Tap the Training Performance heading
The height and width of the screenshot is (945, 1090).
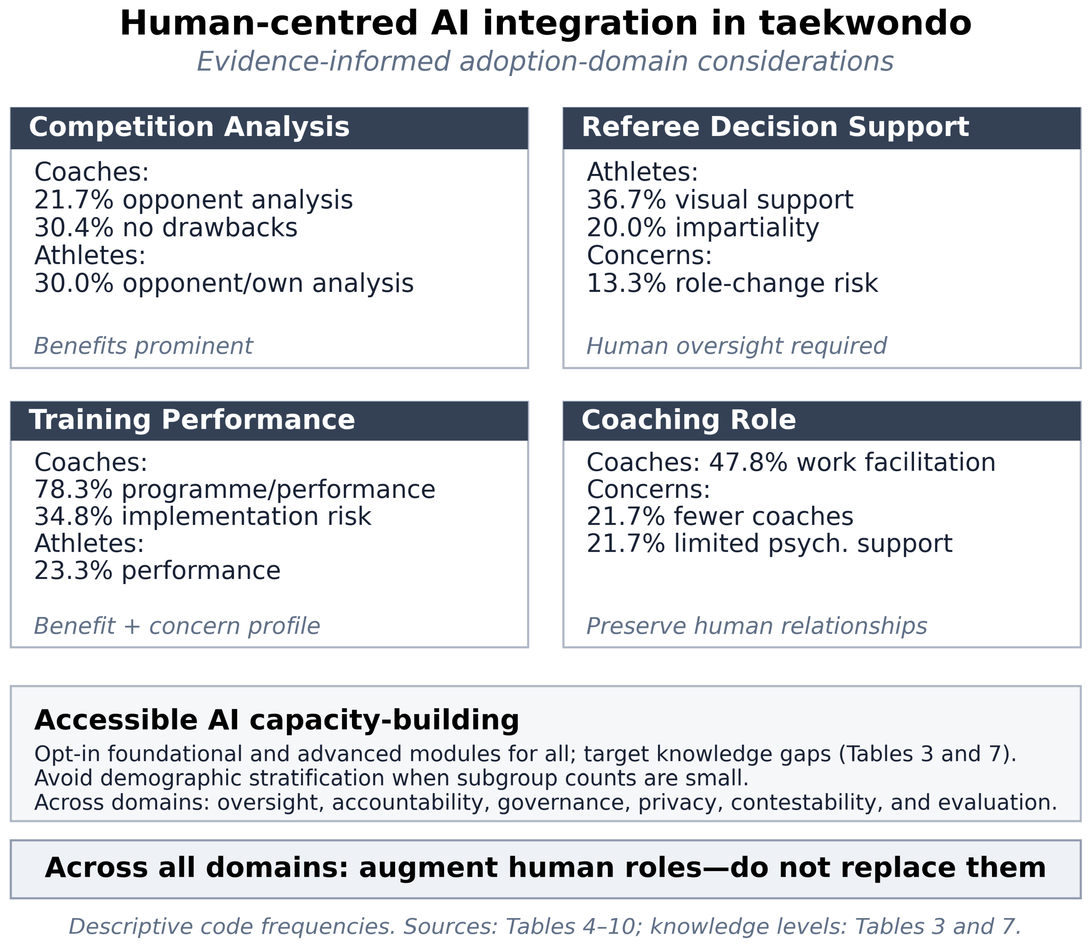point(192,420)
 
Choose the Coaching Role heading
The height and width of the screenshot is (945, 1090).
point(689,420)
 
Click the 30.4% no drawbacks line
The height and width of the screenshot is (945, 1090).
point(166,228)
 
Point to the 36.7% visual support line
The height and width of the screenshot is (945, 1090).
point(720,200)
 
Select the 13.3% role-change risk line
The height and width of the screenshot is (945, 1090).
point(732,283)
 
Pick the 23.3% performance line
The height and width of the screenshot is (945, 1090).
point(157,571)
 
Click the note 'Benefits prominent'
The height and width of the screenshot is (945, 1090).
point(143,346)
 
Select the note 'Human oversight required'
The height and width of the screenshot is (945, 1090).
point(736,346)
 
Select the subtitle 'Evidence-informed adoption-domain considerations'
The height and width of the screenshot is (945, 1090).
point(545,62)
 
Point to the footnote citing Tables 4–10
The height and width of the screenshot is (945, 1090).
point(545,927)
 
